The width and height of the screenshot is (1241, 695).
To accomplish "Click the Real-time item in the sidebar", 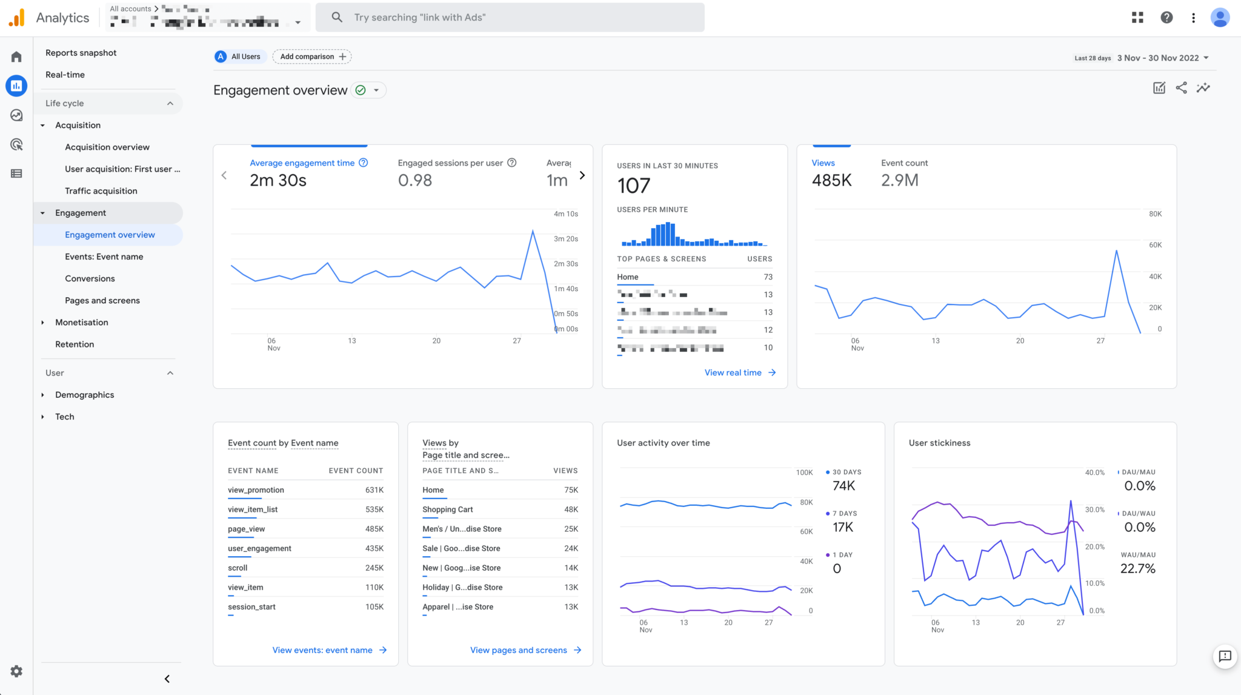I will click(x=65, y=75).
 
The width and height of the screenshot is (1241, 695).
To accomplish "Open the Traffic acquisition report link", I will click(x=101, y=191).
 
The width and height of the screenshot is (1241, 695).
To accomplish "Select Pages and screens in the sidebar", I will click(x=102, y=301).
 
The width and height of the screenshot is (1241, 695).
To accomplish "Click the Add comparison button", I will click(x=312, y=56).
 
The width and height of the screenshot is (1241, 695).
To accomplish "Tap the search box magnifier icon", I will click(x=337, y=17).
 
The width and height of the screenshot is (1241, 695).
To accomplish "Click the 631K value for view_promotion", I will click(x=374, y=490).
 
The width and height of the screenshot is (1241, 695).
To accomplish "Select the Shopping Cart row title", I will click(x=447, y=509).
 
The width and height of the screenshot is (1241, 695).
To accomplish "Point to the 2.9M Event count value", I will click(x=899, y=180).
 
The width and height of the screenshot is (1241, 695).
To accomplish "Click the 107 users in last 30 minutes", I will click(x=633, y=186).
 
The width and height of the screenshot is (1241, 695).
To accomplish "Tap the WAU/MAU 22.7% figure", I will click(x=1137, y=568).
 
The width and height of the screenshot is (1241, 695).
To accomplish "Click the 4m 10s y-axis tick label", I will click(x=565, y=214).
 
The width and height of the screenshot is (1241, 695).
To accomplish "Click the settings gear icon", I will click(x=16, y=671).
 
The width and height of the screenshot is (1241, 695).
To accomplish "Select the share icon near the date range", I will click(x=1181, y=88).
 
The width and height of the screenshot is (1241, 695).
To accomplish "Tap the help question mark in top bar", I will click(x=1166, y=18).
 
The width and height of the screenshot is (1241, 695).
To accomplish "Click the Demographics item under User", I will click(x=84, y=395).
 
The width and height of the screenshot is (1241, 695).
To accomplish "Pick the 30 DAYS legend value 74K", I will click(x=843, y=486).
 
